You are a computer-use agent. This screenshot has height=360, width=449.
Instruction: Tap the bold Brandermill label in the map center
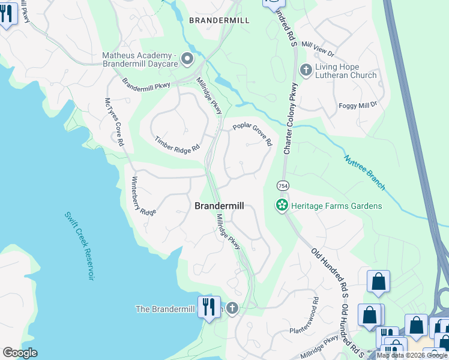click(x=219, y=206)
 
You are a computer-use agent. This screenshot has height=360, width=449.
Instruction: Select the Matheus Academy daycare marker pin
click(x=187, y=59)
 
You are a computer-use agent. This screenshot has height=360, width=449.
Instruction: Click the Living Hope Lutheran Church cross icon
click(x=306, y=70)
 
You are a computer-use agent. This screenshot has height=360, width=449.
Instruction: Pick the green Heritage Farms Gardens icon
click(x=281, y=206)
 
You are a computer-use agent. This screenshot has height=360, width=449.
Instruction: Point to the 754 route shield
click(x=283, y=186)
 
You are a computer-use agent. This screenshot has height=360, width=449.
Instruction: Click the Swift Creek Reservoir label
click(x=80, y=246)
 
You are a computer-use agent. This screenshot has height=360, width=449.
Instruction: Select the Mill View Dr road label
click(x=318, y=45)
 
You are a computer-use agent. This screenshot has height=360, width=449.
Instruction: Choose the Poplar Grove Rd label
click(x=253, y=135)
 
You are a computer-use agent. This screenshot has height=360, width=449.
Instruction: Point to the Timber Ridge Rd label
click(x=176, y=145)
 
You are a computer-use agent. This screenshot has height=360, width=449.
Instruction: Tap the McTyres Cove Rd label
click(x=113, y=122)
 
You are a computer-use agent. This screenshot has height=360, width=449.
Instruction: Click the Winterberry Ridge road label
click(x=144, y=196)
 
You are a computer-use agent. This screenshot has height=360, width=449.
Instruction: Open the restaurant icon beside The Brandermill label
click(x=209, y=307)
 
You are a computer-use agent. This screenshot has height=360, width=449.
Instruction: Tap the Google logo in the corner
click(x=19, y=353)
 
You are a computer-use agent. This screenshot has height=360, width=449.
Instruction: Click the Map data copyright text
click(x=411, y=355)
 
